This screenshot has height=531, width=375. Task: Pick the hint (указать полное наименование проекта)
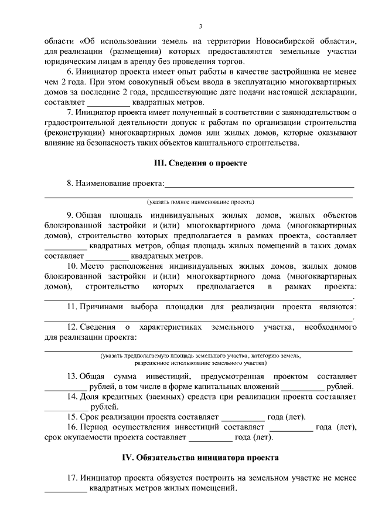point(200,201)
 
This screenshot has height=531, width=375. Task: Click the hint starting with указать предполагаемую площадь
point(200,356)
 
